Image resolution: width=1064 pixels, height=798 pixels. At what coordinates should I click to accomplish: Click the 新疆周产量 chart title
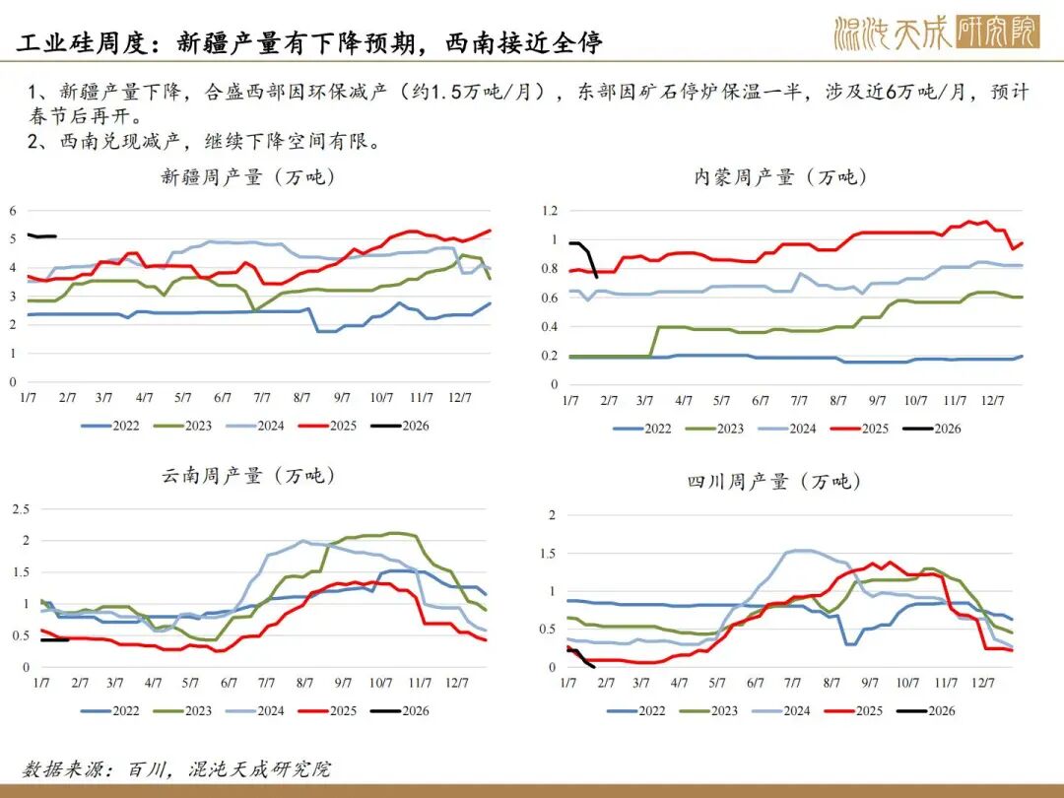tap(248, 177)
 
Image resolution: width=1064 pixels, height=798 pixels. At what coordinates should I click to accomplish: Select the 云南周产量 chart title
tap(248, 475)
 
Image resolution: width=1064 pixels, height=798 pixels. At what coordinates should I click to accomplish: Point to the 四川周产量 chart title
tap(773, 481)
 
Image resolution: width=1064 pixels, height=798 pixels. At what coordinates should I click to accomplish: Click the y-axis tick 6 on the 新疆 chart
tap(13, 211)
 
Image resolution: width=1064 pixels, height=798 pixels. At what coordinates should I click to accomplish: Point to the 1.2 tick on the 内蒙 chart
tap(550, 211)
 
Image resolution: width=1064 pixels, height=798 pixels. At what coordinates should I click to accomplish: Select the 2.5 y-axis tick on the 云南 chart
tap(18, 508)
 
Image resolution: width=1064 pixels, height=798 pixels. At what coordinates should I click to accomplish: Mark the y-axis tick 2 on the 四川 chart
tap(553, 515)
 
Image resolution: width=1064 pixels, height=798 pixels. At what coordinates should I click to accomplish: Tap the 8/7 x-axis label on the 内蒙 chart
tap(838, 401)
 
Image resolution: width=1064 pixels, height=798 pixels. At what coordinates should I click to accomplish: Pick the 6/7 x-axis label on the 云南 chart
tap(229, 682)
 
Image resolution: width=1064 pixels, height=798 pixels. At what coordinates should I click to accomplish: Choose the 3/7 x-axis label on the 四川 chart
tap(641, 682)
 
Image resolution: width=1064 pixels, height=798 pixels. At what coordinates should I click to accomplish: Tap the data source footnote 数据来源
tap(176, 768)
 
